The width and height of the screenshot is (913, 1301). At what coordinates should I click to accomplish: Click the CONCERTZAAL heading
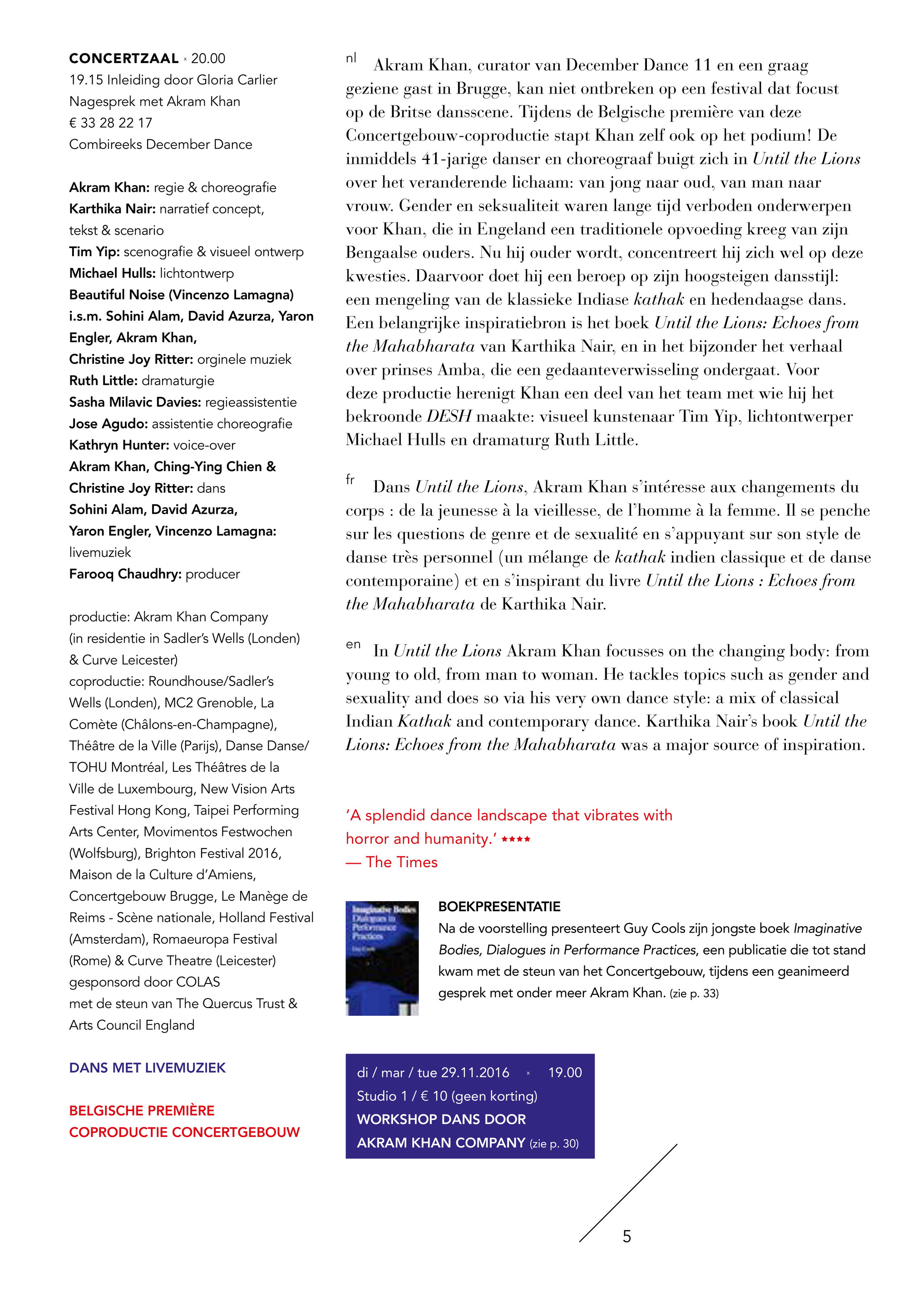tap(123, 58)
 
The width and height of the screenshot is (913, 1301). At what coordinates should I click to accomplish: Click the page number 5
tap(627, 1236)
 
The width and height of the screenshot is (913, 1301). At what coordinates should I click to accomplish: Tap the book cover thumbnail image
tap(382, 958)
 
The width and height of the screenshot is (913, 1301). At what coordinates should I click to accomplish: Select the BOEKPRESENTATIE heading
tap(499, 907)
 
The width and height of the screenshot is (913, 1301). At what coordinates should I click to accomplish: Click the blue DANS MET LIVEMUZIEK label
tap(147, 1068)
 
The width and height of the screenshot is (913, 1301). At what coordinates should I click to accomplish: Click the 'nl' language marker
tap(351, 58)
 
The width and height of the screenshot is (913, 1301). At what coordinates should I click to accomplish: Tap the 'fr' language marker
tap(350, 480)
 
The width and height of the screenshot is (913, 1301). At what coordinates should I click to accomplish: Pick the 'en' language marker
tap(353, 644)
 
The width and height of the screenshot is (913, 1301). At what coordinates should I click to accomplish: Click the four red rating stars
tap(515, 839)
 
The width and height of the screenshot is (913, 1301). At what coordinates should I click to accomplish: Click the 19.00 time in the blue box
tap(565, 1072)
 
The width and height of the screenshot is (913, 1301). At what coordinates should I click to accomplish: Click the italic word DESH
tap(449, 417)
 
